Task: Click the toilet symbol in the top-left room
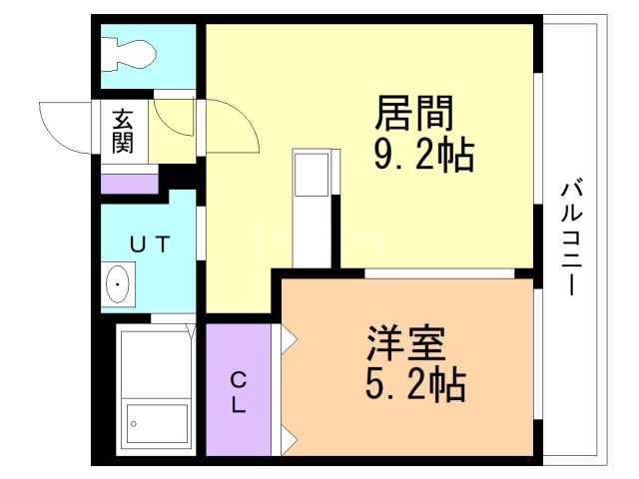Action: [130, 52]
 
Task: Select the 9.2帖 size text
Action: [422, 156]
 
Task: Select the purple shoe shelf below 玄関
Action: [129, 184]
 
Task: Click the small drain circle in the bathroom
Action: [133, 424]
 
